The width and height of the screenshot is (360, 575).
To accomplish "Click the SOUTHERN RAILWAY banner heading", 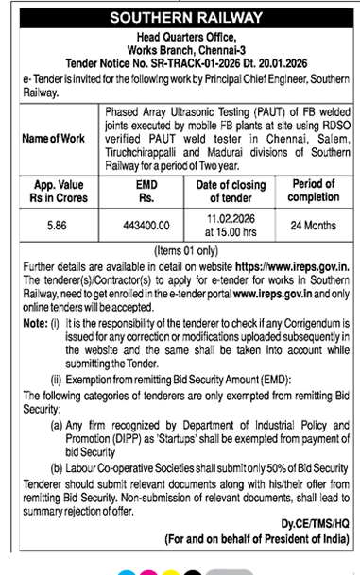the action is pyautogui.click(x=180, y=19).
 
